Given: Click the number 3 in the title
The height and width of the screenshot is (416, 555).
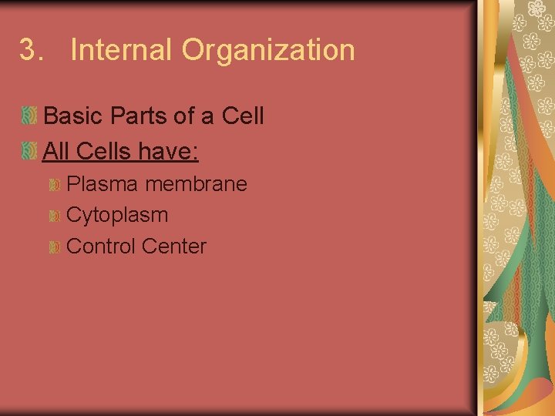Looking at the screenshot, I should point(28,51).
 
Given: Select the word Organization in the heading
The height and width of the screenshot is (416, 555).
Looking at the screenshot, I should point(268,51).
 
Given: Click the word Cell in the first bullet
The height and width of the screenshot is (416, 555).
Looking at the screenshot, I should point(242,116).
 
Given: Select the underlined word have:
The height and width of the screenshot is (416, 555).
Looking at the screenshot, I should point(169,150).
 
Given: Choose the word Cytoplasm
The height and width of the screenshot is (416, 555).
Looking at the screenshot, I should point(117,215).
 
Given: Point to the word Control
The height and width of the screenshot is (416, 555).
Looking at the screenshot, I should point(101,247).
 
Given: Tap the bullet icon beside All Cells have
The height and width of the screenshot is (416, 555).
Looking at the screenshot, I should point(29,151).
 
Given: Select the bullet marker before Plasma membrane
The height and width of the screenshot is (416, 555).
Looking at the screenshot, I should point(54,186).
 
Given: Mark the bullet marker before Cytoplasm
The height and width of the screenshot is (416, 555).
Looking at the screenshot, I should point(54,216).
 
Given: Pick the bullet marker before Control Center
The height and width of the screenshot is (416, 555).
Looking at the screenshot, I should point(54,248).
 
